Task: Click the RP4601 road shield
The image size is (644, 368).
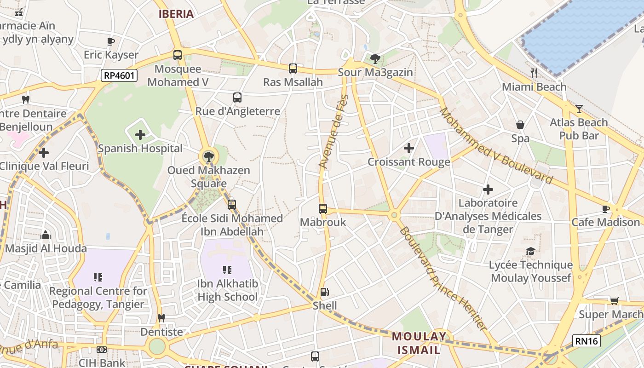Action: click(120, 75)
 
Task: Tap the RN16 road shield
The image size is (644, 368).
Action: click(586, 341)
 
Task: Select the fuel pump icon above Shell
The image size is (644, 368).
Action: click(324, 292)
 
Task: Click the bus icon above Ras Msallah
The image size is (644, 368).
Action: click(293, 69)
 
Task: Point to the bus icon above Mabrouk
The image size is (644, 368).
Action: click(323, 208)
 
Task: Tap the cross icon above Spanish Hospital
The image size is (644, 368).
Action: click(140, 135)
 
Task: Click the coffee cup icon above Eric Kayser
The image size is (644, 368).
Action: click(111, 41)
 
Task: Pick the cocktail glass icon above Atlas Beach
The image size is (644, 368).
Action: click(579, 109)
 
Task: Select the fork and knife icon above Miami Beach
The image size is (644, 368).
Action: click(534, 73)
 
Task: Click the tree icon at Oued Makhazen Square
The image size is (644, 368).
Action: click(208, 156)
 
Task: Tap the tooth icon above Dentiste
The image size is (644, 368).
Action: click(161, 318)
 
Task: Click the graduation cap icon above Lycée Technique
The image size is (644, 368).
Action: click(530, 251)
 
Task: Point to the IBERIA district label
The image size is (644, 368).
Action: click(176, 14)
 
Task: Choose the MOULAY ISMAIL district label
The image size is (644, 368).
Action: click(419, 343)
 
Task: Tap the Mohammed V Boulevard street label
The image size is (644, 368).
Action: click(496, 145)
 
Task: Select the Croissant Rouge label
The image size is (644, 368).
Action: click(408, 162)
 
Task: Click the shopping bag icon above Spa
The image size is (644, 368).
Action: click(520, 125)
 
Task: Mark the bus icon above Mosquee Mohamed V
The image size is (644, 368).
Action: click(178, 55)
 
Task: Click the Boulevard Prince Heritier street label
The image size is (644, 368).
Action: click(442, 278)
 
